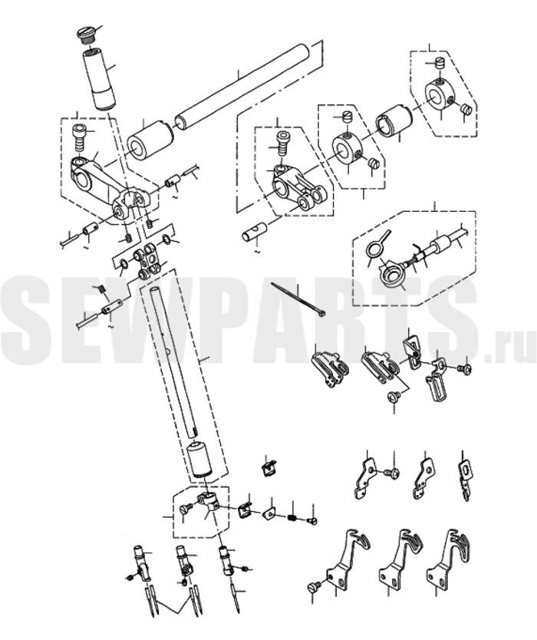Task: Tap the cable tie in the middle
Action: click(x=298, y=300)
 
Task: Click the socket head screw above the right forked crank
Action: click(x=283, y=143)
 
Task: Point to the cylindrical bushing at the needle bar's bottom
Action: click(x=199, y=459)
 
